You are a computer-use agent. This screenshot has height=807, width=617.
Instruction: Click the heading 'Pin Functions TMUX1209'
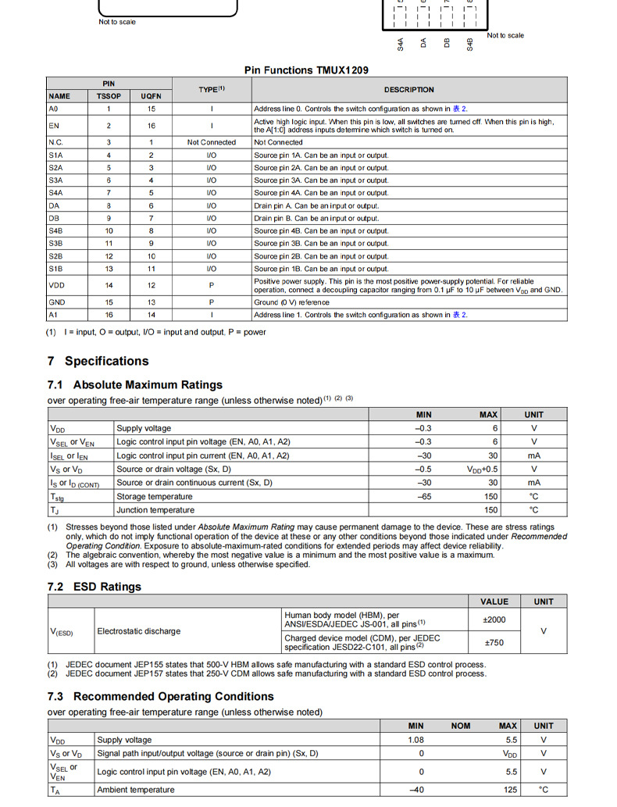tap(306, 70)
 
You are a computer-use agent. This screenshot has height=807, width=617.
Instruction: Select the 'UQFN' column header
tap(151, 96)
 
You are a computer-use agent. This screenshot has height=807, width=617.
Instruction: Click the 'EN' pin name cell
tap(54, 126)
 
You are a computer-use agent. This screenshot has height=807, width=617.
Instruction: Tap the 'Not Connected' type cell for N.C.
tap(211, 142)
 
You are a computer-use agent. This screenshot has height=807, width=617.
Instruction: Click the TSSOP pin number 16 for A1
tap(109, 315)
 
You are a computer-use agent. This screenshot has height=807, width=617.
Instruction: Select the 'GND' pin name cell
tap(56, 302)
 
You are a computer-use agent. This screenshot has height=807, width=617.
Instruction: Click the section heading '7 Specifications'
tap(98, 361)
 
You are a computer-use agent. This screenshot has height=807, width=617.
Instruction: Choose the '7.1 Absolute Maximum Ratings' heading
tap(135, 384)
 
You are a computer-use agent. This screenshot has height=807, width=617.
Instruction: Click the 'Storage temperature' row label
tap(154, 496)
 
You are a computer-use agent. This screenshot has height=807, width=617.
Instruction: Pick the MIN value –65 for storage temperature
tap(424, 496)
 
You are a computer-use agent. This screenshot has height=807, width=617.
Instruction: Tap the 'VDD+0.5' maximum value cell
tap(483, 469)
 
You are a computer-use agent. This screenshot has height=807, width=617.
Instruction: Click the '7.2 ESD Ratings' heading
tap(95, 587)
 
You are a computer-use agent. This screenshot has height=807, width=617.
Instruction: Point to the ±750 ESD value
tap(494, 643)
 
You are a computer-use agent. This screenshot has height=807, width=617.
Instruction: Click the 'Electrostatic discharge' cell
tap(139, 631)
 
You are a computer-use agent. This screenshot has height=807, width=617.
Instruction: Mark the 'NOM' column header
tap(461, 726)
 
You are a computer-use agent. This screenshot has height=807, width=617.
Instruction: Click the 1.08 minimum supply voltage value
tap(415, 740)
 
